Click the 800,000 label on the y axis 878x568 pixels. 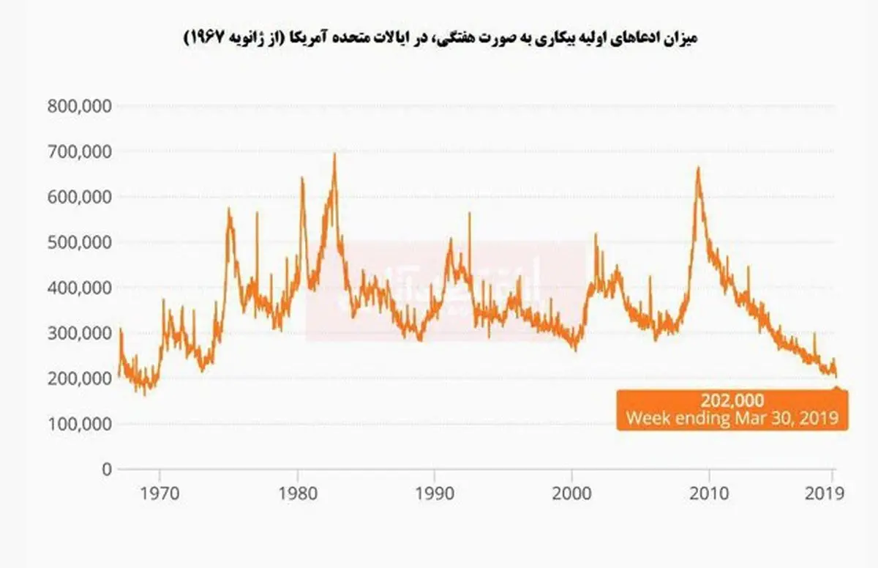[x=80, y=105]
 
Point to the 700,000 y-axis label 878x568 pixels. [x=80, y=152]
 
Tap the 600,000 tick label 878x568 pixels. [x=80, y=197]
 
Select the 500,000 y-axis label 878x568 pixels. [x=80, y=242]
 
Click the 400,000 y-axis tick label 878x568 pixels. [x=80, y=288]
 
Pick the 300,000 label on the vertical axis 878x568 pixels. [x=80, y=333]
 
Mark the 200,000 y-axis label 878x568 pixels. [x=80, y=378]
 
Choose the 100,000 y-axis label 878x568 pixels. [x=80, y=424]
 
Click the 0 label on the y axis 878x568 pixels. [x=106, y=469]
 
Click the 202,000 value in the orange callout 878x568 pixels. [x=732, y=401]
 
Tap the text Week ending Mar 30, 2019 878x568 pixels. [x=732, y=419]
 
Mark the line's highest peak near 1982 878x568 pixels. [x=334, y=154]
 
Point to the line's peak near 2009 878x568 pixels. [x=698, y=168]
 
